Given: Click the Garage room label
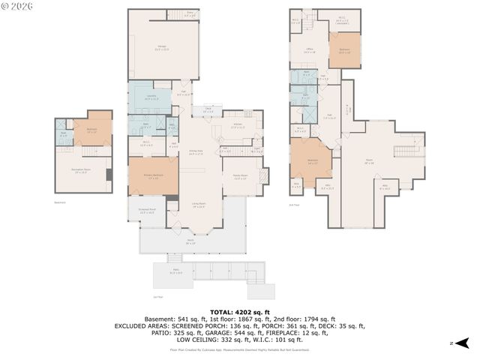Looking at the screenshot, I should [x=162, y=47].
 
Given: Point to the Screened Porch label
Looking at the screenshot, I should [x=148, y=211].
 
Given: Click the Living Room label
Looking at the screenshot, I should [x=199, y=204].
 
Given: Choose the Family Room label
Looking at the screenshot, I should [x=241, y=176].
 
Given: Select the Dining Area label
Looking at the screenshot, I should [x=196, y=151].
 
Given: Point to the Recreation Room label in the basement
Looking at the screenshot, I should [x=81, y=171].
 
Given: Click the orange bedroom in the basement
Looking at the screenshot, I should [x=92, y=130].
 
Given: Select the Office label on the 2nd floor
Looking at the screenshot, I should [x=309, y=50].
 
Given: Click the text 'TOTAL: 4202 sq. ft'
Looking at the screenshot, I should [x=239, y=310].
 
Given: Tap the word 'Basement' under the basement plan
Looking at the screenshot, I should [x=61, y=202].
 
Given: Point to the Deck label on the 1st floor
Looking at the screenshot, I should [x=207, y=109].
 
